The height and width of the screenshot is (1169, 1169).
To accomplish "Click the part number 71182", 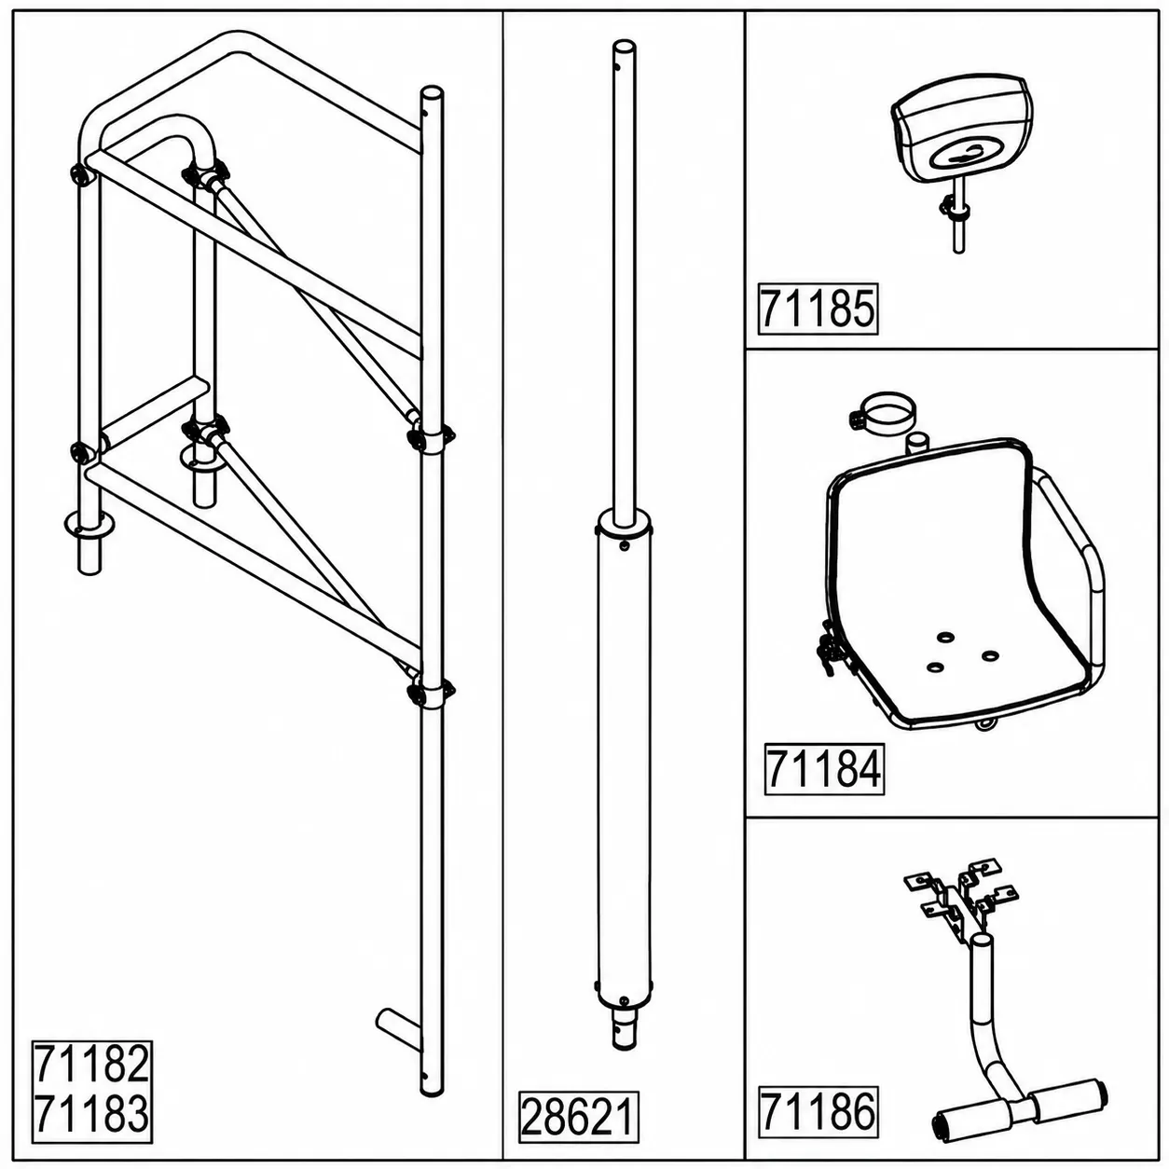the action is [x=92, y=1063].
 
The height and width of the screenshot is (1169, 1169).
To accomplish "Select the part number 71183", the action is [x=92, y=1112].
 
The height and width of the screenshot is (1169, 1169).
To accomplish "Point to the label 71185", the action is [x=818, y=309].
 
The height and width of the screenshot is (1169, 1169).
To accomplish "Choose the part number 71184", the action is [x=824, y=769].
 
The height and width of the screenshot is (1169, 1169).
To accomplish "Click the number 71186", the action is [x=818, y=1110].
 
